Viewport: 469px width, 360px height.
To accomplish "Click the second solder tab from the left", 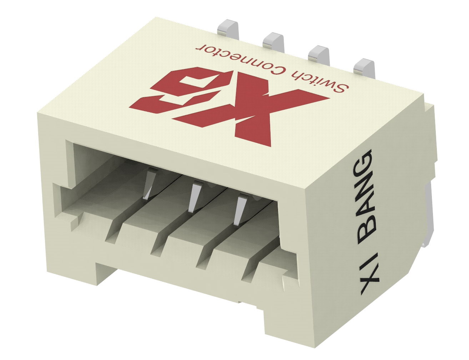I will (x=273, y=40).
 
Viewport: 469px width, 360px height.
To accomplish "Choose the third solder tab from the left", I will (x=318, y=53).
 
